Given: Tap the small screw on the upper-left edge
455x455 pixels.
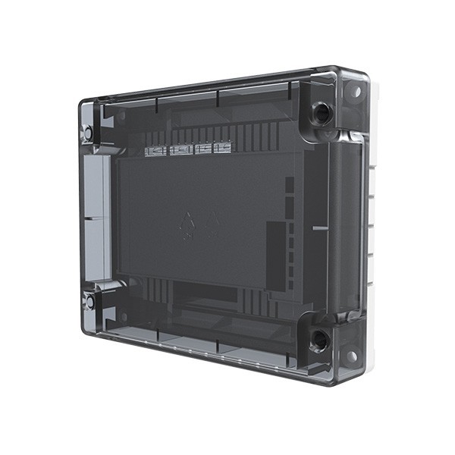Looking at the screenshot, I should coord(88,133).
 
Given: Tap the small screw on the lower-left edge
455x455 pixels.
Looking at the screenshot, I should coord(89,301).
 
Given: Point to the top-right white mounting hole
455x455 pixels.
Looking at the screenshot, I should coord(353,91).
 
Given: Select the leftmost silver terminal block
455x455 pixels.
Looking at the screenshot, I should coord(155,151).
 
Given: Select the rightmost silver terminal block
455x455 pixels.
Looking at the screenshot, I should coord(221,148).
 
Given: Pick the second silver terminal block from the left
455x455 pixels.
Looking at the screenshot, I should coord(179,150).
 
